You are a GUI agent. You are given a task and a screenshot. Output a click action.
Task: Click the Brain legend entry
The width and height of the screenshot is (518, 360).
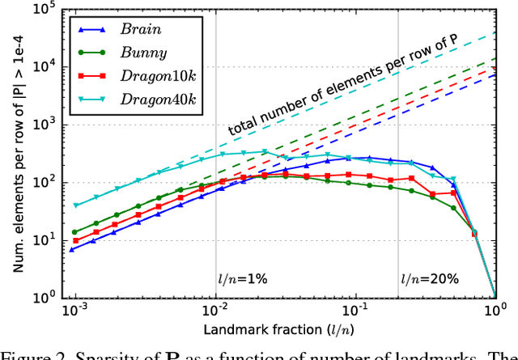(139, 28)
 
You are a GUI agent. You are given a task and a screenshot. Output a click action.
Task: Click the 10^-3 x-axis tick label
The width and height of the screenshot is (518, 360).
(74, 311)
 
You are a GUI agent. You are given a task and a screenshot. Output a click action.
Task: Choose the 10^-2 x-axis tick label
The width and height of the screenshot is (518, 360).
(214, 311)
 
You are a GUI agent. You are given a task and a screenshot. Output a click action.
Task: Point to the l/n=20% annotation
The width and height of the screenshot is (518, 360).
(429, 279)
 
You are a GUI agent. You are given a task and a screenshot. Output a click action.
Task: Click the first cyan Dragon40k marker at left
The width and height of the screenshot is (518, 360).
(76, 205)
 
